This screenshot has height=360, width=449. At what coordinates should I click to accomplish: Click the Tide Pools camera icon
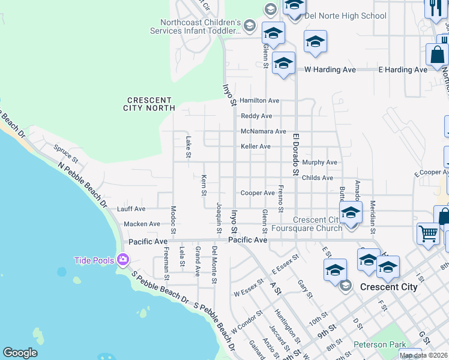point(123,260)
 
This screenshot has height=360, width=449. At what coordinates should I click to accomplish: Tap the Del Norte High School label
point(345,16)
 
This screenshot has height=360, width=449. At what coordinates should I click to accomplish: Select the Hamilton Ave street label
point(259,100)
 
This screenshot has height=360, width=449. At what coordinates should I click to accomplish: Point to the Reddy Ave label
point(256,116)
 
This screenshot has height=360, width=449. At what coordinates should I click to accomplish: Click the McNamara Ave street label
point(263,131)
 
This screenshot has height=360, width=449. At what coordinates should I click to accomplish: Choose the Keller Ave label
point(256,146)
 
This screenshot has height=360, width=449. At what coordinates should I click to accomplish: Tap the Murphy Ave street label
point(320,163)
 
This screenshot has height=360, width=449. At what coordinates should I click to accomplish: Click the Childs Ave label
point(318,178)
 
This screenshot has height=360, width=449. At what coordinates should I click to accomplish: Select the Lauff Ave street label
point(131,209)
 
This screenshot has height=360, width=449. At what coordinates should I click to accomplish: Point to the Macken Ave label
point(142,224)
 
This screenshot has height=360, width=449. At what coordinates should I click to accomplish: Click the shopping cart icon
point(428,233)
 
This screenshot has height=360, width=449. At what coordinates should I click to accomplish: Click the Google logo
point(20,353)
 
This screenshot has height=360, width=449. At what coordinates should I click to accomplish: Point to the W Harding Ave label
point(330,70)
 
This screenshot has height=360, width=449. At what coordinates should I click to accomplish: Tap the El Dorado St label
point(295,155)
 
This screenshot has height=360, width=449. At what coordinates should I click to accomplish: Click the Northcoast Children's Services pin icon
point(250,26)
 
